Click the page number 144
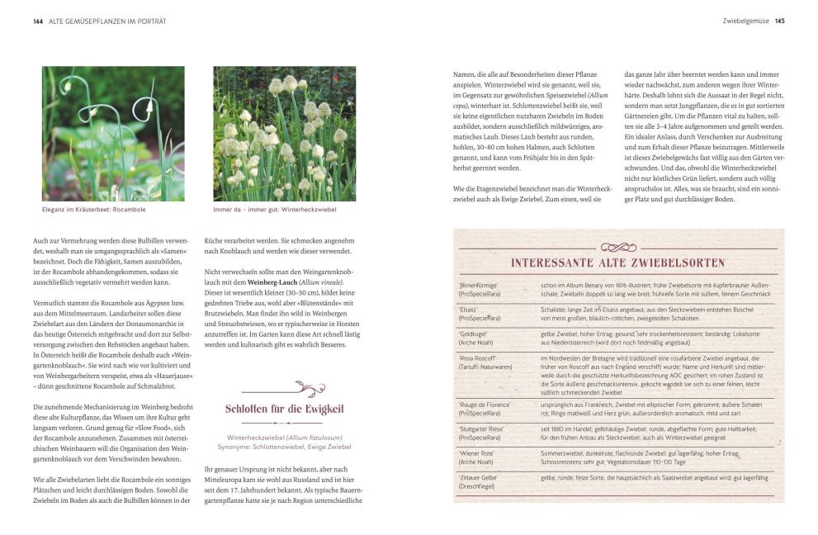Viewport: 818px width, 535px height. tap(37, 21)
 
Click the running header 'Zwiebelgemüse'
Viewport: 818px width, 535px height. tap(745, 21)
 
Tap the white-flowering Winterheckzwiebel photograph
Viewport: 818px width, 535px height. tap(284, 134)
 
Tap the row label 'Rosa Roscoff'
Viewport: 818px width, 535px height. tap(479, 357)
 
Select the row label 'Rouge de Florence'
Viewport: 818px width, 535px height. tap(485, 405)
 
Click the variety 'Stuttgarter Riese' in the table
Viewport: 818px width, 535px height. tap(485, 428)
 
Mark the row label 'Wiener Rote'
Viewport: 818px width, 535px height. tap(477, 452)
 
